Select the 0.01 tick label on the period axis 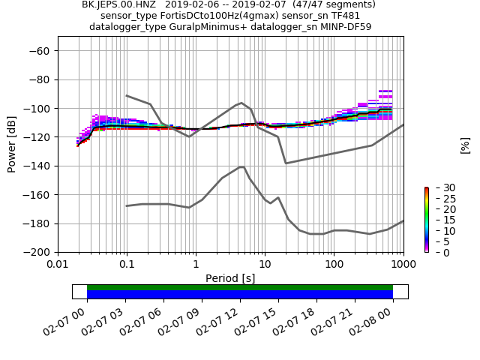tap(58, 265)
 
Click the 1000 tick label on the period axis tap(403, 265)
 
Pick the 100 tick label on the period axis tap(334, 265)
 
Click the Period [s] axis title tap(230, 278)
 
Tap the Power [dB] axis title tap(12, 144)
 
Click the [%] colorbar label tap(465, 145)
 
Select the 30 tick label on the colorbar tap(439, 187)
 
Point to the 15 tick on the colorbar tap(439, 220)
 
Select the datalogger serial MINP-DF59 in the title tap(344, 27)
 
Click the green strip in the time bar tap(240, 287)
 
